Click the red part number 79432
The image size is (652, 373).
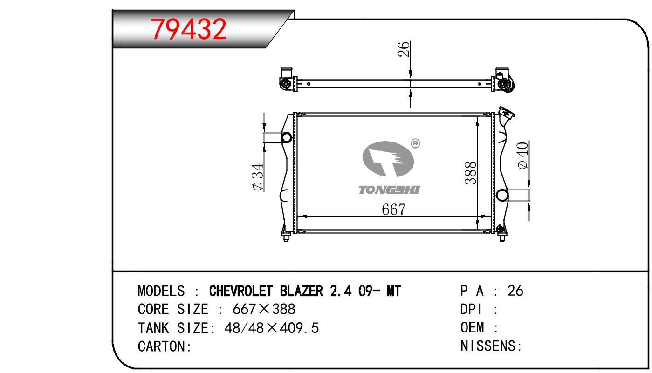click(x=188, y=29)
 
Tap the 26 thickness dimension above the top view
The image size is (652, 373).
click(x=404, y=49)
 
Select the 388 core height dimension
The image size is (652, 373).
click(x=470, y=173)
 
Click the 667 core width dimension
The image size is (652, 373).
click(x=393, y=210)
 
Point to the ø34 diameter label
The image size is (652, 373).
click(x=258, y=177)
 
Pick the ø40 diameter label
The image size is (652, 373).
click(x=522, y=155)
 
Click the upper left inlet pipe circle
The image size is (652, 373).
click(x=287, y=137)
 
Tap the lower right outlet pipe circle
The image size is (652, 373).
click(x=502, y=195)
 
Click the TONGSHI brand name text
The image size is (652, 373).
click(x=389, y=190)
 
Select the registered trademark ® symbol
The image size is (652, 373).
click(x=415, y=143)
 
